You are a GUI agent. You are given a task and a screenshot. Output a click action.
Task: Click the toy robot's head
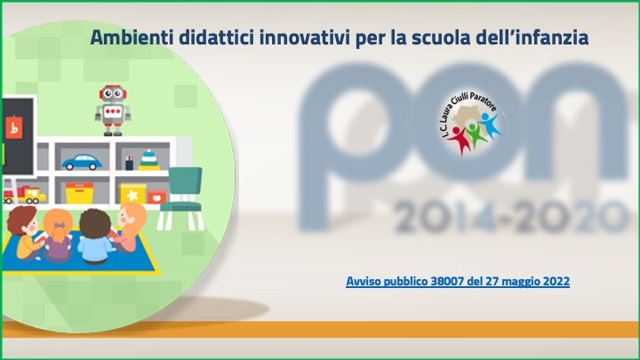point(113,94)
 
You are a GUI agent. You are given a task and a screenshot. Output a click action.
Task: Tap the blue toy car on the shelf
point(82,162)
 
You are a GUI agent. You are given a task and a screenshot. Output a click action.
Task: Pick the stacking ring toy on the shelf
point(149,160)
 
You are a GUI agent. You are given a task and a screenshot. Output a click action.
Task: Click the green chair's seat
point(180,207)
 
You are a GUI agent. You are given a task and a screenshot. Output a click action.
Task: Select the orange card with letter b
point(14,128)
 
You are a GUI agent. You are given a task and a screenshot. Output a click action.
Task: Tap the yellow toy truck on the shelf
point(29,195)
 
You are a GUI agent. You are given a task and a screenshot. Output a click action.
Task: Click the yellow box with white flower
point(132,194)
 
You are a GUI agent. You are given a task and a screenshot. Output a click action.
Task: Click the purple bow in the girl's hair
point(60,225)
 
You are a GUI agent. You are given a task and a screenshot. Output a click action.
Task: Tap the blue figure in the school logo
point(491,125)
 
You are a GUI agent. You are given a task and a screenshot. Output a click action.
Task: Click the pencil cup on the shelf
point(129,162)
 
